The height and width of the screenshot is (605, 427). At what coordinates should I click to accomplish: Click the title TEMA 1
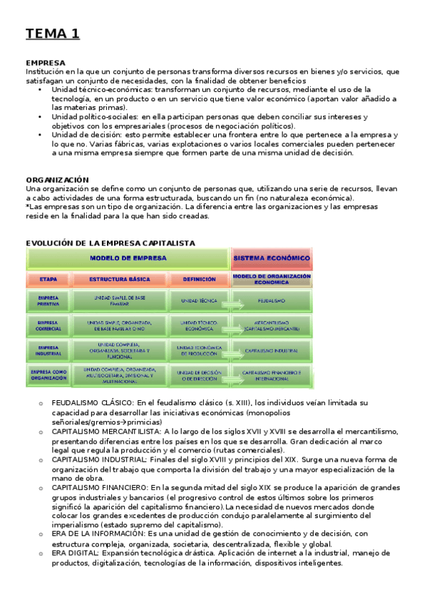53,34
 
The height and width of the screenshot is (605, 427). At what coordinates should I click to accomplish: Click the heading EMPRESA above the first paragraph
45,63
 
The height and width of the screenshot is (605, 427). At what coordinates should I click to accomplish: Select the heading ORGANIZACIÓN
57,180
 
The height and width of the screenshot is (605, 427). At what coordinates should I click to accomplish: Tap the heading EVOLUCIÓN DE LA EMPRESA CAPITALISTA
110,243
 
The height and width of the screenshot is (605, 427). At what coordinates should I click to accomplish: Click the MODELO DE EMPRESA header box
128,258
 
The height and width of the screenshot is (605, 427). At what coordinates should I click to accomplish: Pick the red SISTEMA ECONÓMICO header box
272,258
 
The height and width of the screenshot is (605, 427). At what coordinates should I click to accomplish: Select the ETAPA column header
48,280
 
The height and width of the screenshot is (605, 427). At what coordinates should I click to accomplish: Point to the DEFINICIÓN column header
199,280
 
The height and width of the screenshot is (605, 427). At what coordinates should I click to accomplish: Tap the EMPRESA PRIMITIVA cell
48,301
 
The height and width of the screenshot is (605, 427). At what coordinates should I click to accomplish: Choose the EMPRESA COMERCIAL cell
48,326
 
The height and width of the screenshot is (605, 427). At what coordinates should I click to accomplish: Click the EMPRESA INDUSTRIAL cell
48,350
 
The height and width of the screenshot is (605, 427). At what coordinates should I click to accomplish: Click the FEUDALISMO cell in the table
272,301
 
